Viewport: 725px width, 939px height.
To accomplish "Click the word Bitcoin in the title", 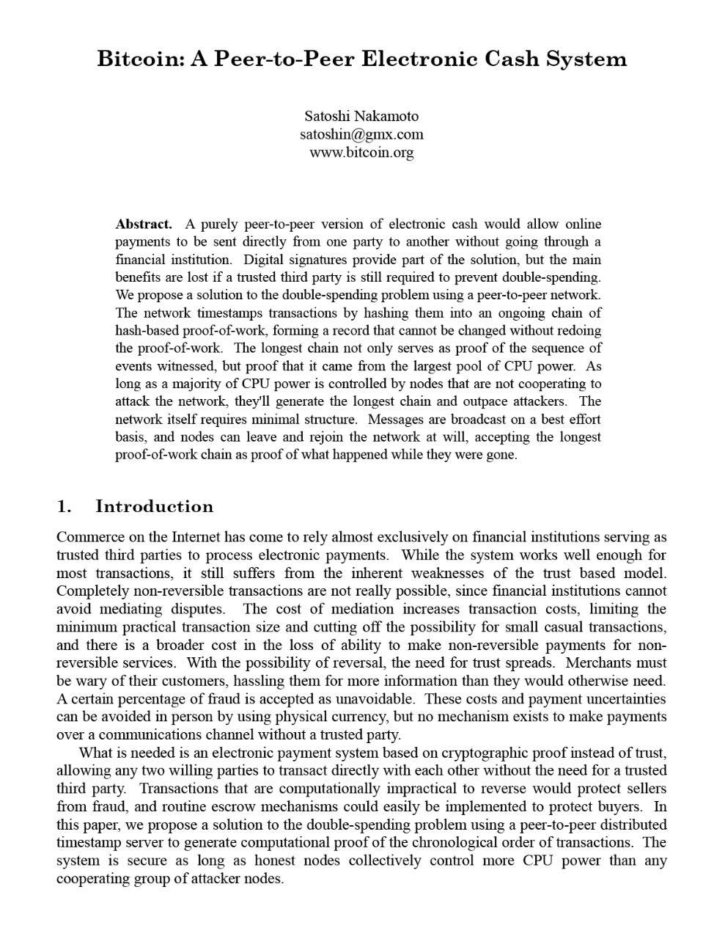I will click(139, 59).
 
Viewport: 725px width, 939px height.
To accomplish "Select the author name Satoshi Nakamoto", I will click(361, 116).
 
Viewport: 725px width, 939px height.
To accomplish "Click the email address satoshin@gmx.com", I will click(361, 134).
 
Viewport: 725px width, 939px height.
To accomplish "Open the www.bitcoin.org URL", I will click(361, 153).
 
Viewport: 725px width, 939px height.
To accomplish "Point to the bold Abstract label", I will click(144, 224).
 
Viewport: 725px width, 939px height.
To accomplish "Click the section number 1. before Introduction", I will click(65, 506).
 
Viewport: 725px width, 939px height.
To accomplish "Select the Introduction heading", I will click(155, 506).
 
